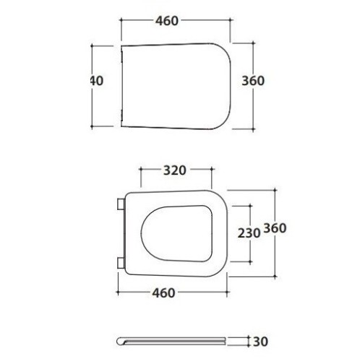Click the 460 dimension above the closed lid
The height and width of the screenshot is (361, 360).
166,21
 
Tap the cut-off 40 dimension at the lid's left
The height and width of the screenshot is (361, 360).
95,81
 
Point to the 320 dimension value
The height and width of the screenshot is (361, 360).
175,170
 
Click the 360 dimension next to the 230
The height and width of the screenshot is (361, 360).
275,228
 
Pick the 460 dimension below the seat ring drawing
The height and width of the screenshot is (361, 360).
164,292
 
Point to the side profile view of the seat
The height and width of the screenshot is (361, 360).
173,340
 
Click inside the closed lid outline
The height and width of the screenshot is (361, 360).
173,87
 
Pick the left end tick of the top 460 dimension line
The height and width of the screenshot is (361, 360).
120,21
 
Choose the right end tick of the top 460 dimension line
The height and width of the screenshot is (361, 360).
230,21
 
